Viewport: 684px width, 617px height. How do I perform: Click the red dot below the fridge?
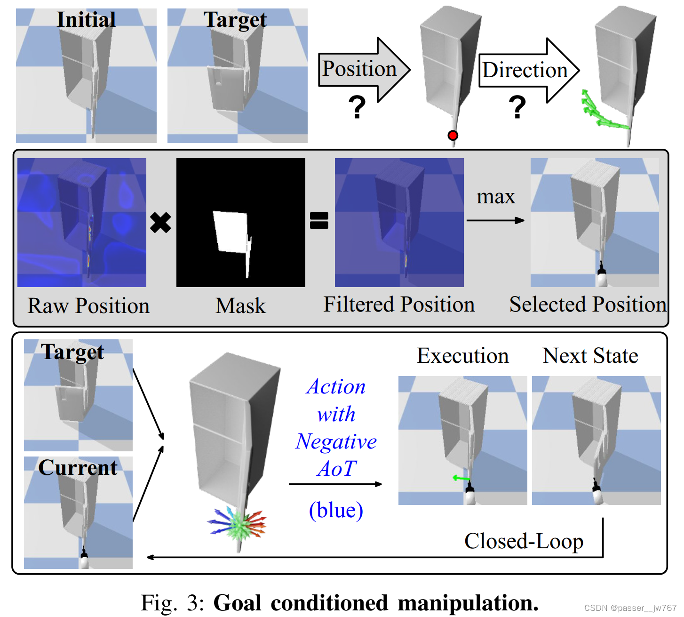tap(453, 136)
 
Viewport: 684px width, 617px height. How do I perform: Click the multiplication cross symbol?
tap(160, 223)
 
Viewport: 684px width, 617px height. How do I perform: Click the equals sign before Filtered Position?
tap(319, 220)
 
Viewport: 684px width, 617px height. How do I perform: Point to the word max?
tap(495, 197)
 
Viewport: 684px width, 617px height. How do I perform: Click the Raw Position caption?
tap(88, 306)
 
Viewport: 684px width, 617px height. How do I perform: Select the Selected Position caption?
tap(588, 304)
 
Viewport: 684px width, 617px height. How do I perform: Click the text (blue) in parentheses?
tap(336, 510)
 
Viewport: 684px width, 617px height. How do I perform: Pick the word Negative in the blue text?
tap(336, 441)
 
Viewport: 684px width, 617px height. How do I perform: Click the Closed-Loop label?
tap(524, 541)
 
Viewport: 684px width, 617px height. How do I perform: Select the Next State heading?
tap(590, 356)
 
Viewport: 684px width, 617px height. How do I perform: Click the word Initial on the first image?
tap(86, 20)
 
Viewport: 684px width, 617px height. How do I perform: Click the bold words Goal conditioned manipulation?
tap(376, 603)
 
